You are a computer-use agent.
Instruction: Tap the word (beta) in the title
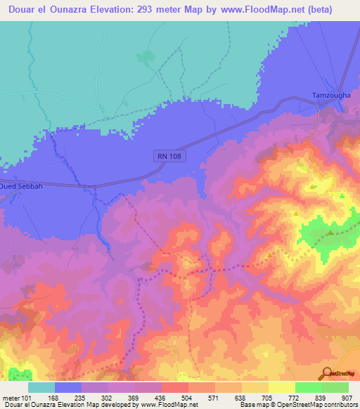pos(332,10)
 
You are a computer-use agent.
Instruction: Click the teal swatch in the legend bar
pos(41,387)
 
